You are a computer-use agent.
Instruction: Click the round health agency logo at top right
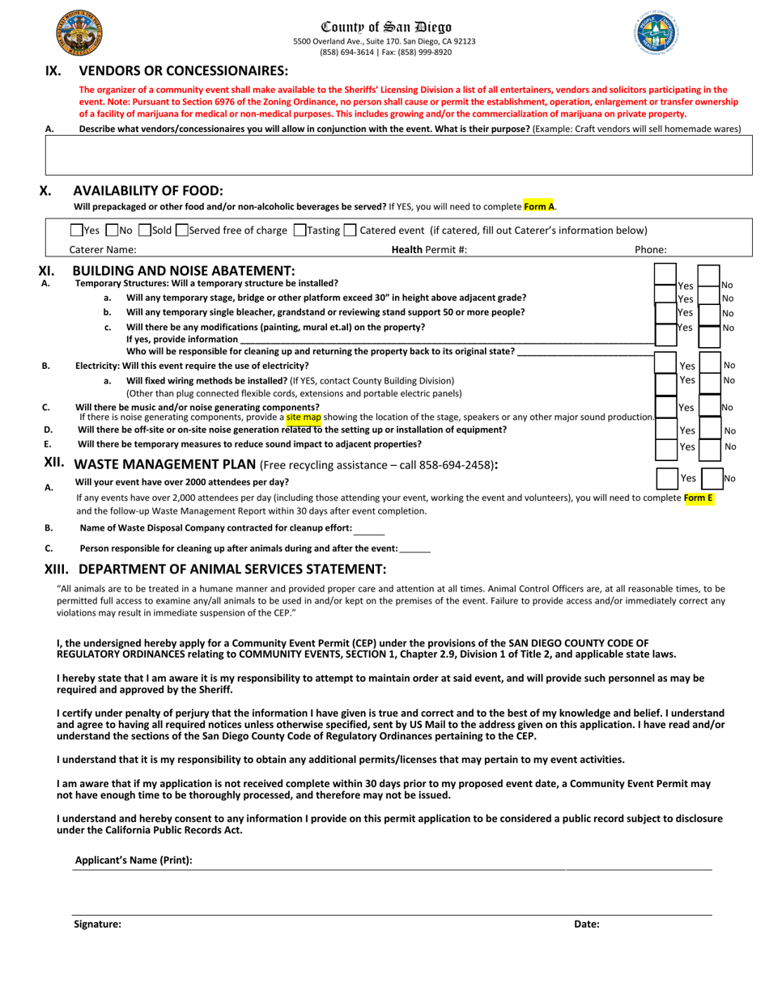click(656, 34)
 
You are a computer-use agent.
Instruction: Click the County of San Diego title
click(386, 27)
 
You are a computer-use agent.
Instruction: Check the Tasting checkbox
click(300, 230)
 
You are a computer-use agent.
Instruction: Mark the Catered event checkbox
click(350, 230)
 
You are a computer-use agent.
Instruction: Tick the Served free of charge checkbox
click(181, 230)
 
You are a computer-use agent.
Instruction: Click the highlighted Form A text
click(539, 206)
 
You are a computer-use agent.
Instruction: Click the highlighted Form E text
click(699, 498)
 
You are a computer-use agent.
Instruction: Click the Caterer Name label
click(103, 250)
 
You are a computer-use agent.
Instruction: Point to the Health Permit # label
click(429, 250)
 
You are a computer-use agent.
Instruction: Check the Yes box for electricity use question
click(665, 366)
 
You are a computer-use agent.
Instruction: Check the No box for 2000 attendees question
click(711, 478)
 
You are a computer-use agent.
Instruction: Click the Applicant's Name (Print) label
click(134, 860)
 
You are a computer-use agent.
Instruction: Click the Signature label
click(97, 924)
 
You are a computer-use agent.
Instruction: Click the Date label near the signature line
click(587, 924)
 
